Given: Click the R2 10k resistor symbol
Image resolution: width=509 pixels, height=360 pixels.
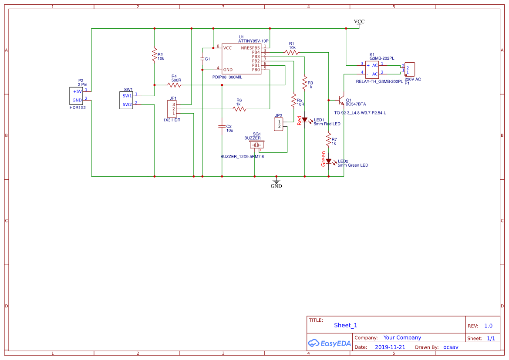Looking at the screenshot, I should pos(154,55).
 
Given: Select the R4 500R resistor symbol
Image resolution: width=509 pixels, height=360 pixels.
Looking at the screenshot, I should pos(176,85).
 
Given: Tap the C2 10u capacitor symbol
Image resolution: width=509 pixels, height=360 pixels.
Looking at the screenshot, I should pos(222,126).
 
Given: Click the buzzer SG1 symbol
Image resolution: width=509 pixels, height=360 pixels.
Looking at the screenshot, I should pos(256,144).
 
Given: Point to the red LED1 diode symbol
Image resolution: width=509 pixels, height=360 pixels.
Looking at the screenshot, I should pos(305,120).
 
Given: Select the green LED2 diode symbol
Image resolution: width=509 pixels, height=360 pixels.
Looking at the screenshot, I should pos(329,161).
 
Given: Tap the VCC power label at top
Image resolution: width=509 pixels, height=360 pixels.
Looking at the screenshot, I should pos(359,22).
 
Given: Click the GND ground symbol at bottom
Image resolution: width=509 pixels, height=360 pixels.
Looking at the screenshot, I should pos(276,181).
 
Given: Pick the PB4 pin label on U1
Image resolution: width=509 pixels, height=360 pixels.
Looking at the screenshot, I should pos(256,52).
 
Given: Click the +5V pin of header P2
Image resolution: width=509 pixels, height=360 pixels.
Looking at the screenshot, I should pos(78,91).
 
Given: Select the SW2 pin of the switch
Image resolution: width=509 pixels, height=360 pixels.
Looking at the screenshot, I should pos(127,104).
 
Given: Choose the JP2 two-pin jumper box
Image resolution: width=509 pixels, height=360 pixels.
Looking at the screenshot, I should pos(279,124).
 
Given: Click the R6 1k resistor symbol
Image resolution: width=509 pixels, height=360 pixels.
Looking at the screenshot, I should pos(239,109).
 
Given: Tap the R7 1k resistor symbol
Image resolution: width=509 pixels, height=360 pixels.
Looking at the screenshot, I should pos(329,139).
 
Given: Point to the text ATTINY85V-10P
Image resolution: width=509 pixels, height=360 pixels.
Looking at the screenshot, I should pos(253,41).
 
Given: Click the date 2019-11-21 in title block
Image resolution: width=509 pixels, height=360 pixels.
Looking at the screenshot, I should pos(390,347).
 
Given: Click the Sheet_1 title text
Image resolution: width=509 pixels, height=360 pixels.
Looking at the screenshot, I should pos(345,325).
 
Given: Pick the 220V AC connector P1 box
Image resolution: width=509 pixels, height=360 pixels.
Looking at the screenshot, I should pos(409,69).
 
